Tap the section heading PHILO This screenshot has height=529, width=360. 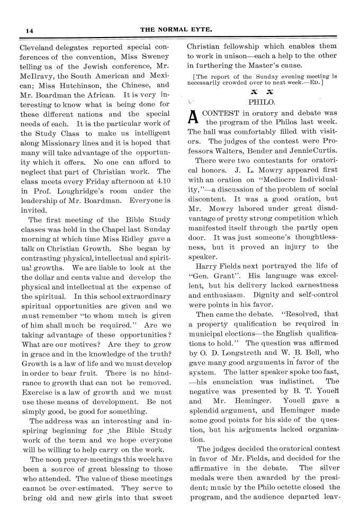click(260, 102)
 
